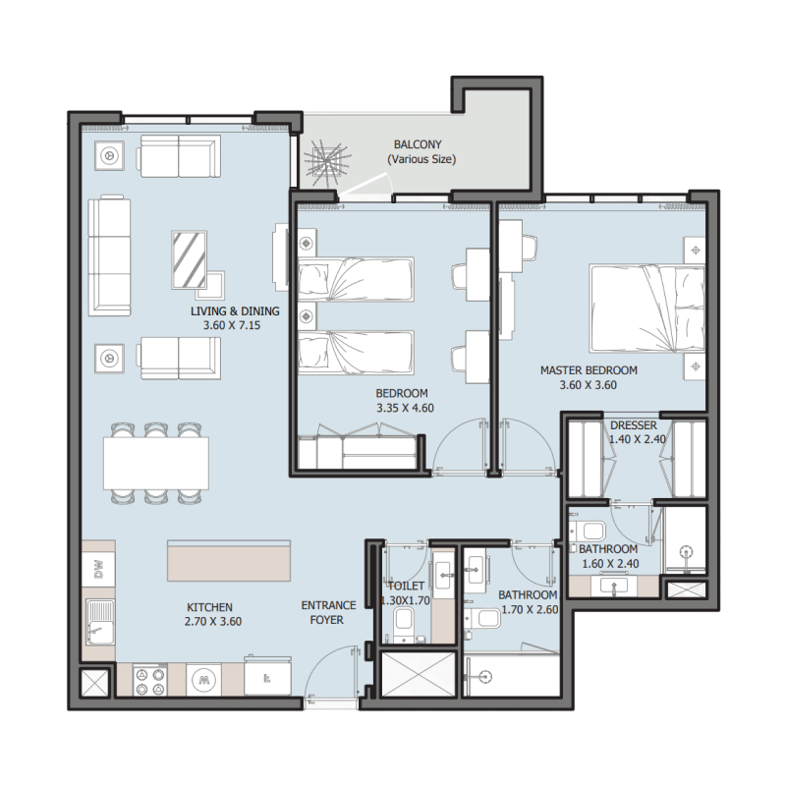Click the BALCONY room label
tap(421, 142)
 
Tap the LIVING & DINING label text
tap(235, 311)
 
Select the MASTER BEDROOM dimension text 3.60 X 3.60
tap(589, 385)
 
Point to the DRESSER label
tap(633, 425)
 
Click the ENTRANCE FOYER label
tap(328, 613)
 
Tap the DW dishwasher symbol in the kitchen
tap(97, 567)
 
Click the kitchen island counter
tap(230, 561)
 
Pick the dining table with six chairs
tap(156, 462)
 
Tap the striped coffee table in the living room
tap(189, 258)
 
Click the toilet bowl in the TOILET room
tap(403, 623)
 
